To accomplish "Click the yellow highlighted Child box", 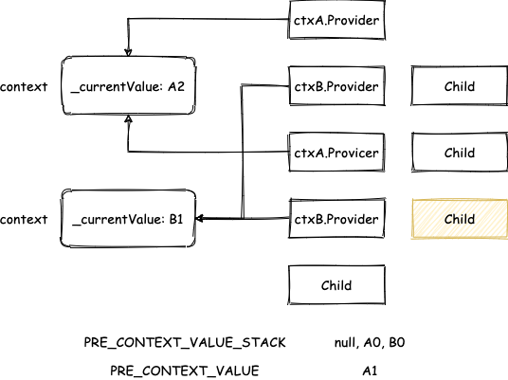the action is [x=460, y=219].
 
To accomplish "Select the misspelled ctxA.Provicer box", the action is [x=336, y=153].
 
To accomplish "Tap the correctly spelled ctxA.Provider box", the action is [x=336, y=20].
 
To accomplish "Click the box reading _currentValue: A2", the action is [x=128, y=86].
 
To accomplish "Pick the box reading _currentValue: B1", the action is [x=128, y=219].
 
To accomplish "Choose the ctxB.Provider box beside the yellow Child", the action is [x=336, y=219].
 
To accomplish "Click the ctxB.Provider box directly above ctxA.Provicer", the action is [x=336, y=86].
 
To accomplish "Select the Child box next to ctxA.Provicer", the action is [x=460, y=153].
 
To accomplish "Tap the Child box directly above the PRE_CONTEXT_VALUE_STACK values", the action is [x=336, y=285].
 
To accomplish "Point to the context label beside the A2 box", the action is [x=24, y=87].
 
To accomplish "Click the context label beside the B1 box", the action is [x=24, y=220].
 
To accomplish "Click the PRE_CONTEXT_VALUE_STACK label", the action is [x=185, y=343].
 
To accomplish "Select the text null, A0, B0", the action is [x=370, y=342].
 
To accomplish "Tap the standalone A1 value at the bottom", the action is [x=370, y=371].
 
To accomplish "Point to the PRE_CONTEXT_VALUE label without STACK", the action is [x=185, y=371].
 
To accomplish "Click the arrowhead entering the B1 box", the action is [x=200, y=218].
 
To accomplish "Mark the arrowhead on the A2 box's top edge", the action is [x=128, y=52].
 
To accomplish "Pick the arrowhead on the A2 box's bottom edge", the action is [x=128, y=118].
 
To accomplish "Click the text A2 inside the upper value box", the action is [x=176, y=86].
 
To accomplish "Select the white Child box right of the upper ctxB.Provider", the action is [x=460, y=86].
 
